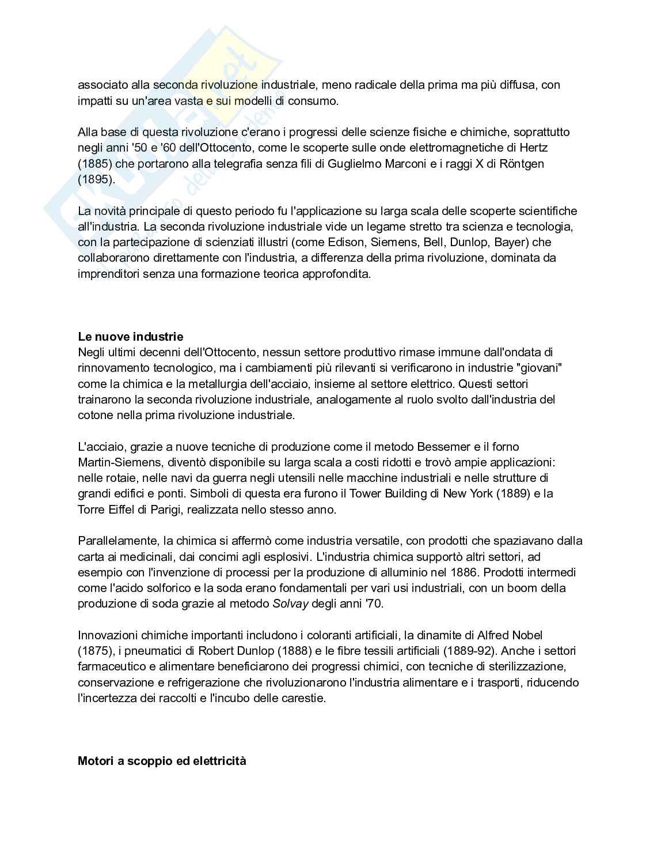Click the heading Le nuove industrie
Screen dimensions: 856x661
point(130,336)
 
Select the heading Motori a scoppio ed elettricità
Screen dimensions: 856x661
point(162,761)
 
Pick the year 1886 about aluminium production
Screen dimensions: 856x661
point(465,572)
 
